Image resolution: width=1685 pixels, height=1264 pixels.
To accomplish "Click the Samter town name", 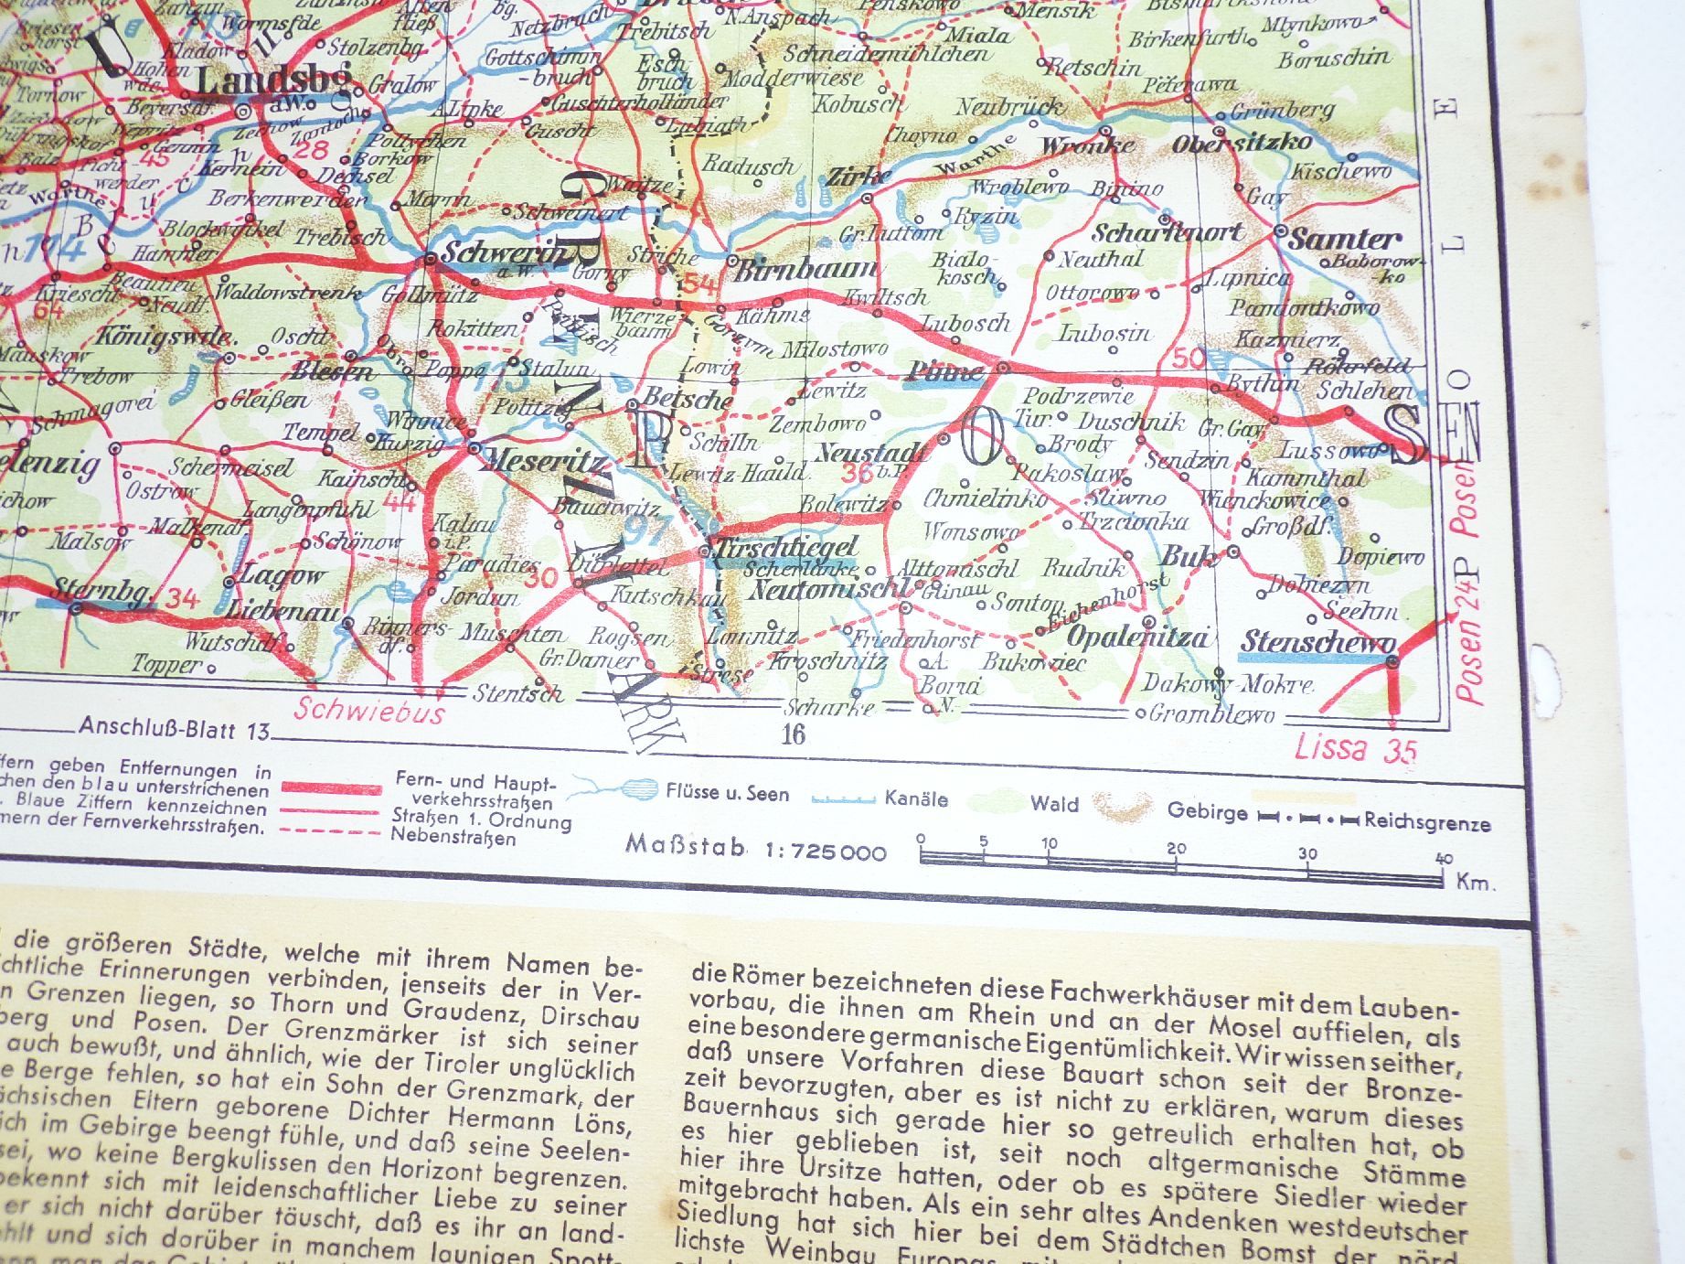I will point(1344,240).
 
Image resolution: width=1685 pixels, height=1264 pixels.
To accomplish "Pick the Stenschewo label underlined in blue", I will point(1317,642).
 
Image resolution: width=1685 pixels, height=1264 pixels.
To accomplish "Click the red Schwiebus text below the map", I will point(369,712).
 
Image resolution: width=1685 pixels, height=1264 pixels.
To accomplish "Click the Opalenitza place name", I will point(1137,637).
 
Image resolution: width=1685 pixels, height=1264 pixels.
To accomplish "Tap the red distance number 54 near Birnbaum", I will point(699,284).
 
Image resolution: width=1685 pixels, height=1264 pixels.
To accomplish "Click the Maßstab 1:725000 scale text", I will point(756,849).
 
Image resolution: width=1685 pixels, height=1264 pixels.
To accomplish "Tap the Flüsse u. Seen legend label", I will point(727,793).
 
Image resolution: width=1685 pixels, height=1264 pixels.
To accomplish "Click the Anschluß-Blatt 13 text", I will point(175,730).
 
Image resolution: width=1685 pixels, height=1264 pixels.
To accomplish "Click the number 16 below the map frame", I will point(793,734).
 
